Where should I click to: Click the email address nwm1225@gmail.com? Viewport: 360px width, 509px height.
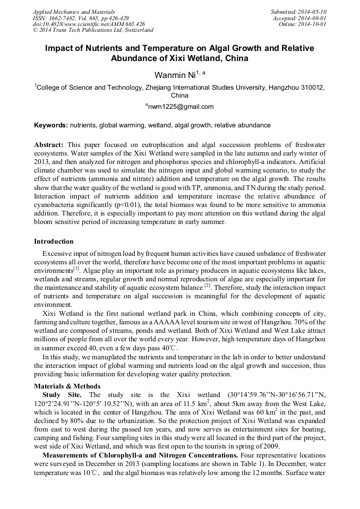[180, 107]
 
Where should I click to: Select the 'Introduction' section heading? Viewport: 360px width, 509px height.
[54, 241]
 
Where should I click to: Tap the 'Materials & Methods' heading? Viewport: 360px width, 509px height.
[67, 386]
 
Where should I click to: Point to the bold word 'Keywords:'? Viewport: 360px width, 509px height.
[51, 125]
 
